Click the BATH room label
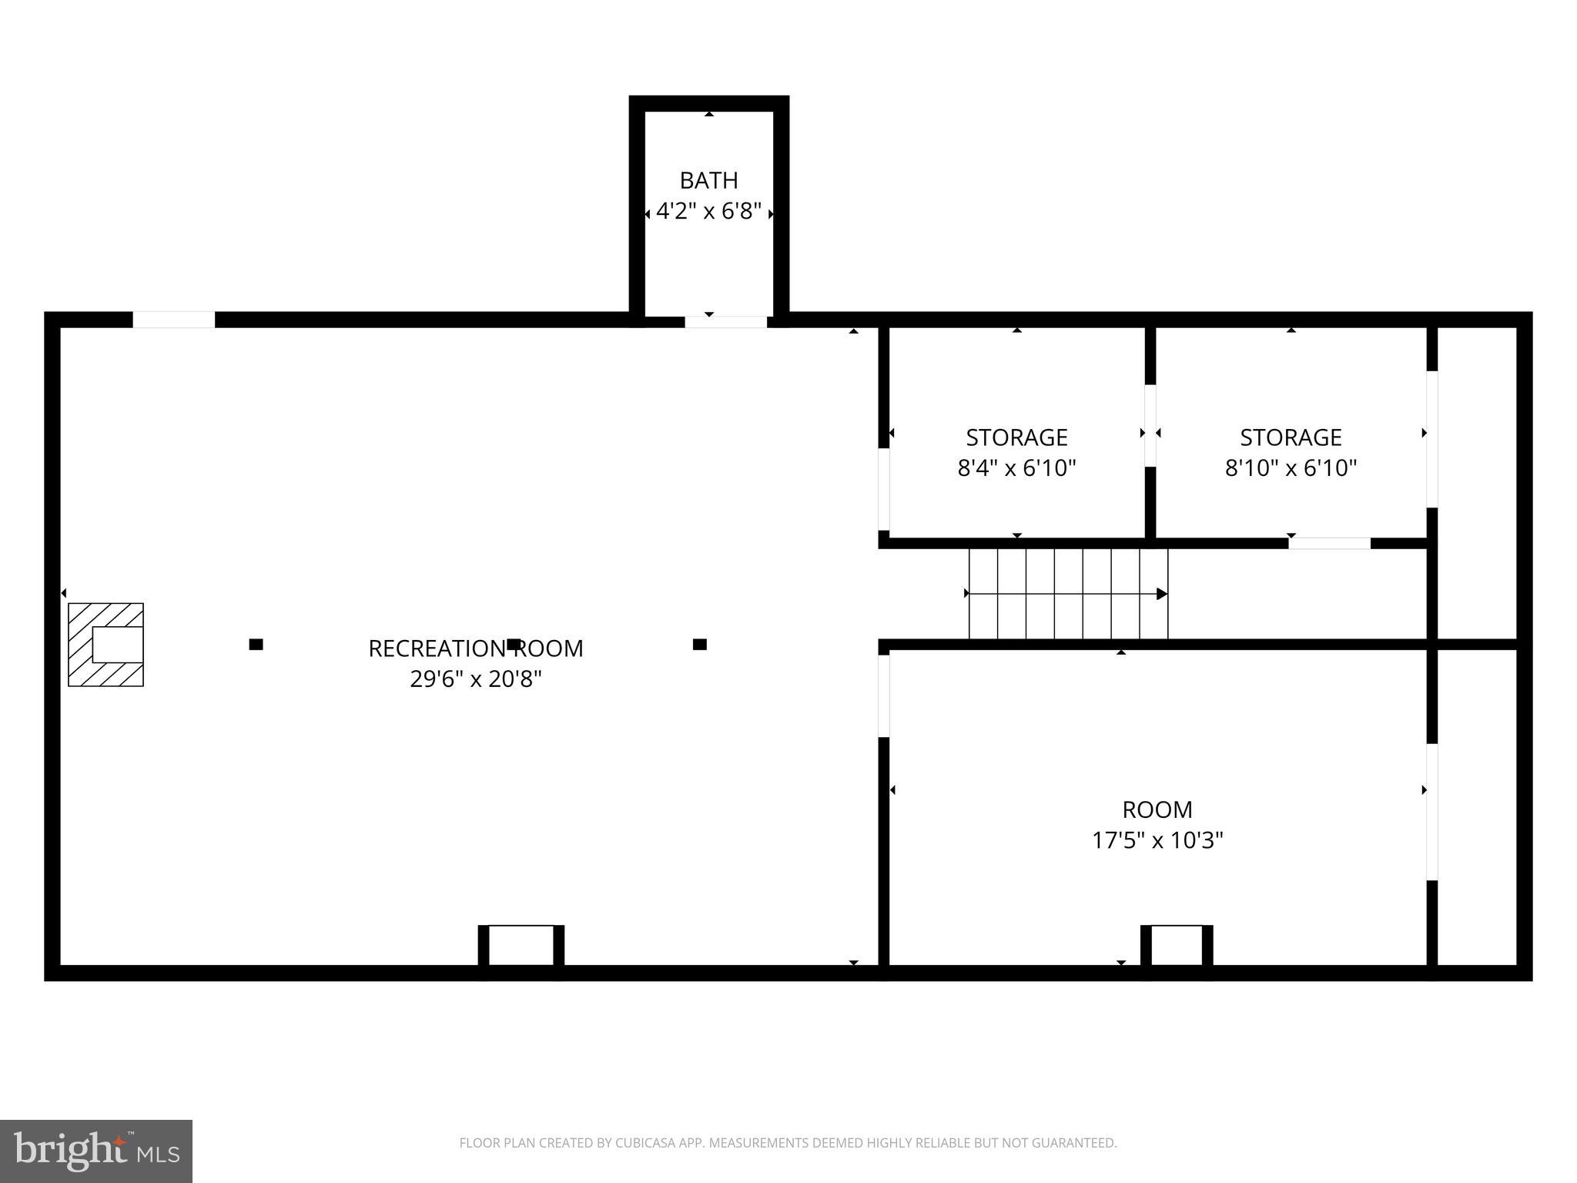click(708, 180)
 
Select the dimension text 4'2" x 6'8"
click(708, 211)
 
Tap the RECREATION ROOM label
click(475, 648)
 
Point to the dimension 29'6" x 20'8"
click(475, 679)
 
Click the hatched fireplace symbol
click(105, 645)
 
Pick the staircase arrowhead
click(1162, 594)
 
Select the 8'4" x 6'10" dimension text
click(1016, 468)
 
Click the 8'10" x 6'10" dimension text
click(1291, 468)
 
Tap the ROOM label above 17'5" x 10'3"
click(1157, 809)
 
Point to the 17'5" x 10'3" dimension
click(1157, 840)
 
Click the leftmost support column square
click(256, 645)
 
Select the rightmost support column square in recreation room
click(699, 645)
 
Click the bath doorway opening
click(725, 321)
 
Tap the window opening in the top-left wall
click(174, 320)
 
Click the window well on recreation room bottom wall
click(521, 947)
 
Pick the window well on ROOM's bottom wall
click(1176, 947)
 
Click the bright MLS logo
click(96, 1151)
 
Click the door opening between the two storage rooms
click(1150, 425)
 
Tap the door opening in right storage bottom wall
click(1329, 543)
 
